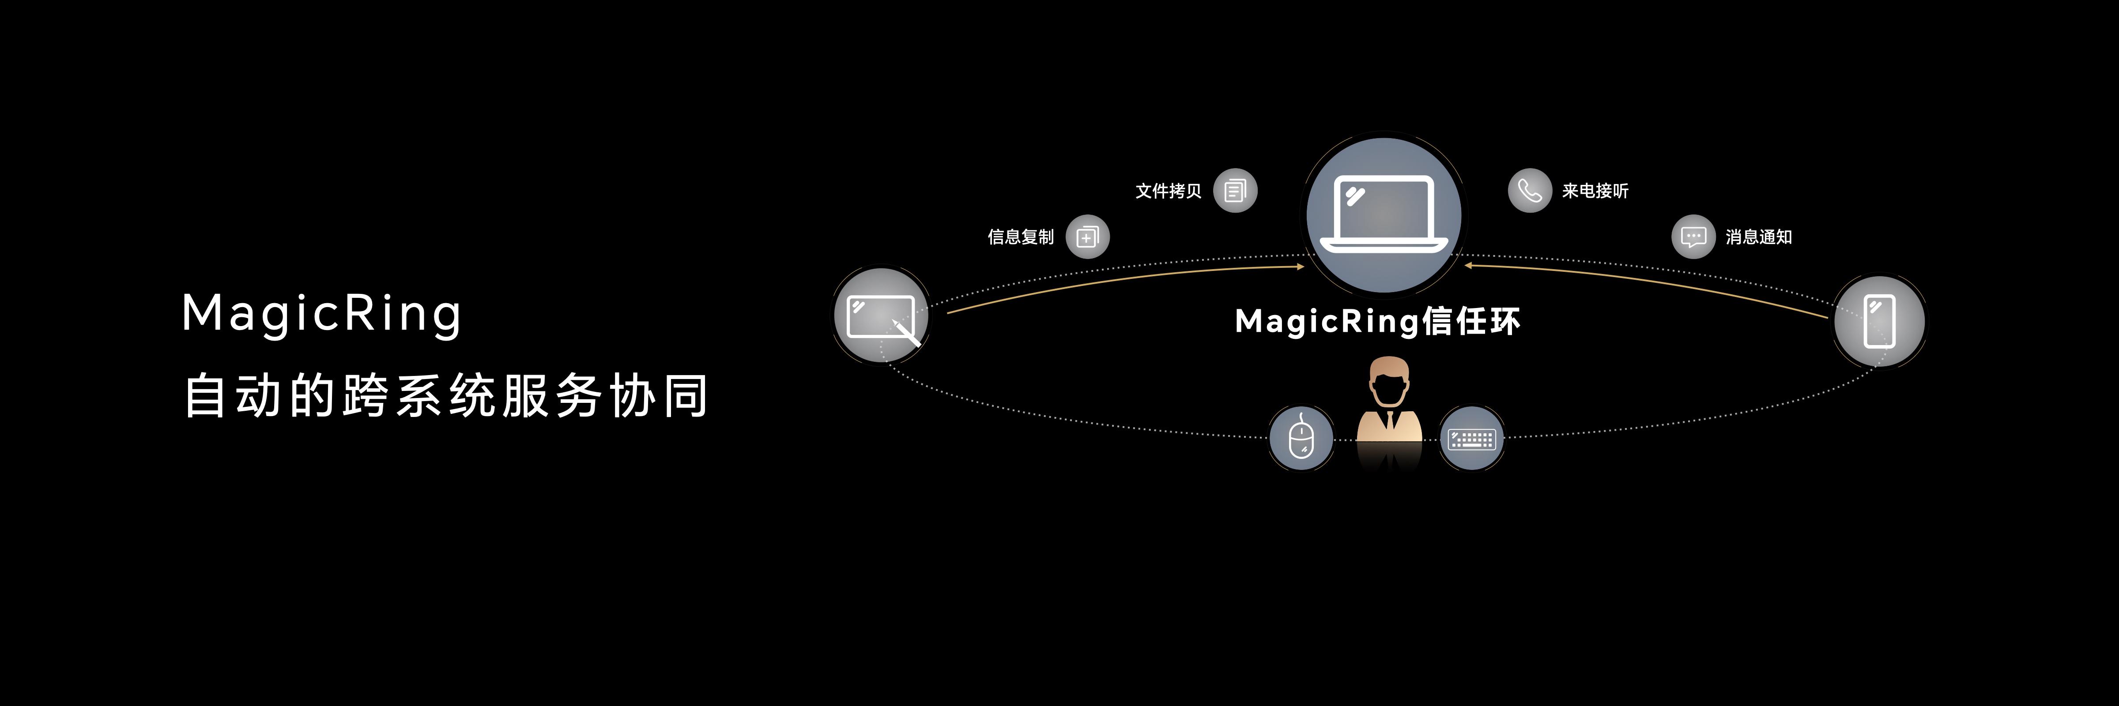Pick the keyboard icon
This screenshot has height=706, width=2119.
1472,439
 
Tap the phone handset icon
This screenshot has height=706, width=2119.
1529,191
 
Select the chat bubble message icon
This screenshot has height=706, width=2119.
1693,237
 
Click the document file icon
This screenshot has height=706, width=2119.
1235,191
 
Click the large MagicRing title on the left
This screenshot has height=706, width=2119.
322,314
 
